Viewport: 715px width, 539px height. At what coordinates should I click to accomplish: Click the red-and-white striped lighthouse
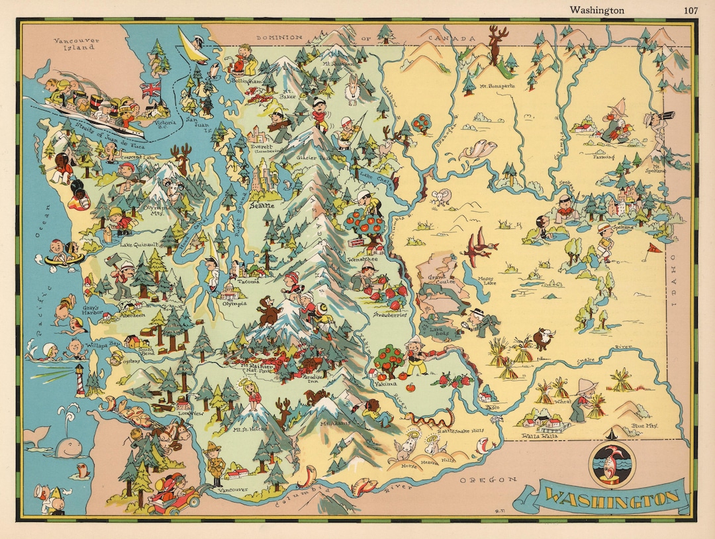[x=80, y=380]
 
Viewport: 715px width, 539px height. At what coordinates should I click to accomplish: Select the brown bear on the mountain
[x=268, y=311]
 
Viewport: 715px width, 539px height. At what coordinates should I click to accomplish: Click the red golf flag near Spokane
[x=653, y=249]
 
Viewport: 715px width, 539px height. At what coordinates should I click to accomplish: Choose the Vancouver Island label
[x=77, y=44]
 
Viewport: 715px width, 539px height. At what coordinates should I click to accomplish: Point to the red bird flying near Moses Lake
[x=482, y=246]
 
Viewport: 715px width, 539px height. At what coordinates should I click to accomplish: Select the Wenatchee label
[x=362, y=260]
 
